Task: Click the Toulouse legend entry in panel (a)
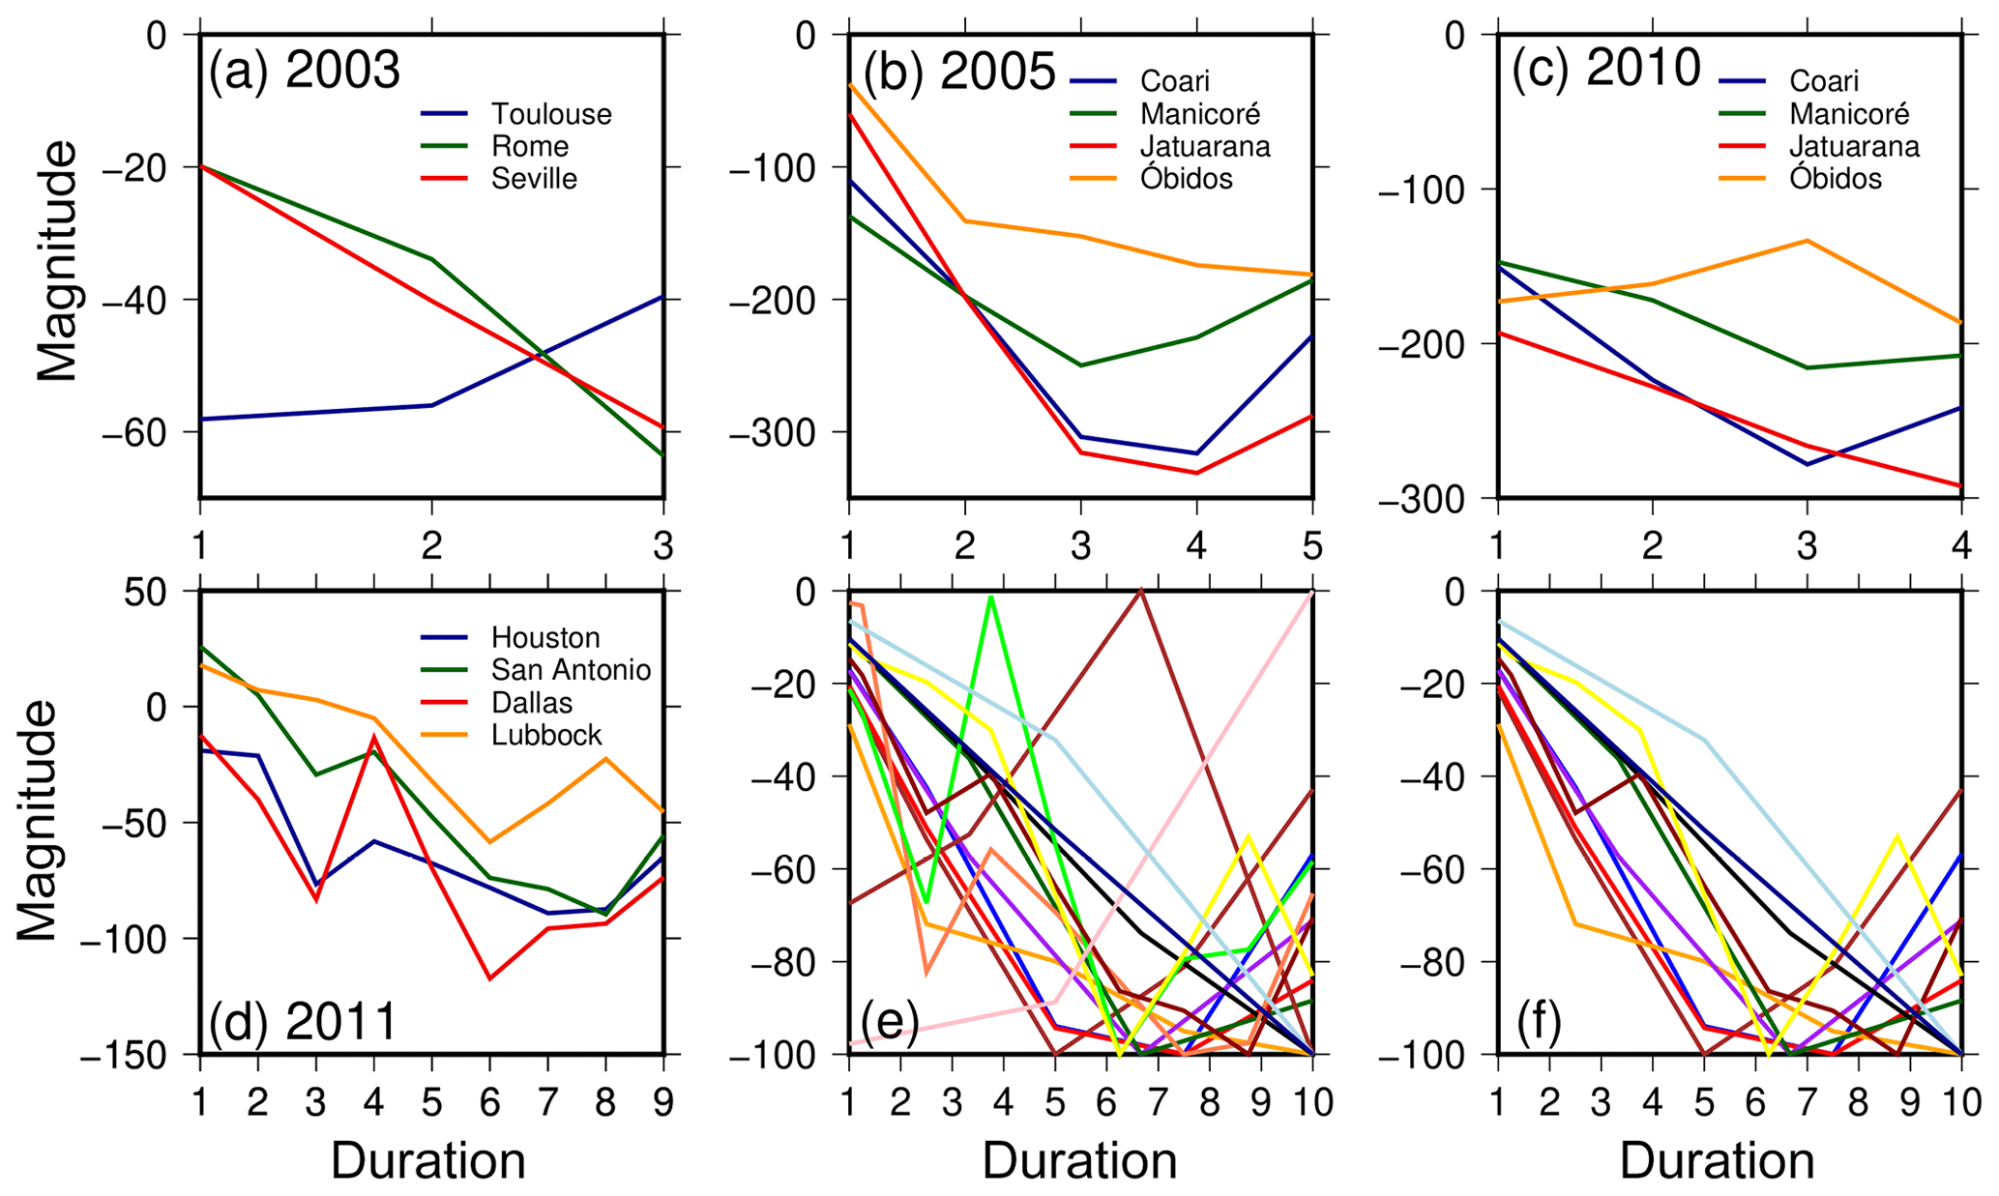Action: [x=551, y=114]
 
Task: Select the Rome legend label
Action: [x=530, y=147]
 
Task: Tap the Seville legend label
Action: [x=534, y=179]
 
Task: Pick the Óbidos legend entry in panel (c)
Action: [x=1835, y=179]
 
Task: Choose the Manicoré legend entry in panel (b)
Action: [x=1199, y=114]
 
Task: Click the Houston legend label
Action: [x=545, y=638]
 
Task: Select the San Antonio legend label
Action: [x=571, y=670]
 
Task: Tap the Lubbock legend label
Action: [x=546, y=735]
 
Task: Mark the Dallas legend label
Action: [x=532, y=703]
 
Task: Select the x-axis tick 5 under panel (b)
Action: [x=1311, y=547]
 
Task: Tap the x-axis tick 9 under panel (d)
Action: [x=663, y=1101]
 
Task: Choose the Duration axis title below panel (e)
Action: [x=1079, y=1161]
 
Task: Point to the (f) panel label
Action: [x=1538, y=1024]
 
